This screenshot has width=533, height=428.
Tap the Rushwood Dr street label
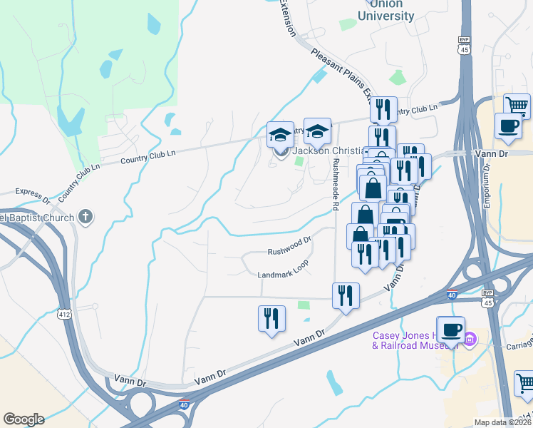pos(289,251)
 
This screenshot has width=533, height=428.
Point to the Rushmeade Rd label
pos(336,183)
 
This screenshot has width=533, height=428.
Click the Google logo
pos(24,419)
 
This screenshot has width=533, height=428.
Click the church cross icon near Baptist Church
pos(85,216)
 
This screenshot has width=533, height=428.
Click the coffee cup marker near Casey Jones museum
pos(450,330)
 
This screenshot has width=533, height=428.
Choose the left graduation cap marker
pos(280,134)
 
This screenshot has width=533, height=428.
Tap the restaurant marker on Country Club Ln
pos(384,109)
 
